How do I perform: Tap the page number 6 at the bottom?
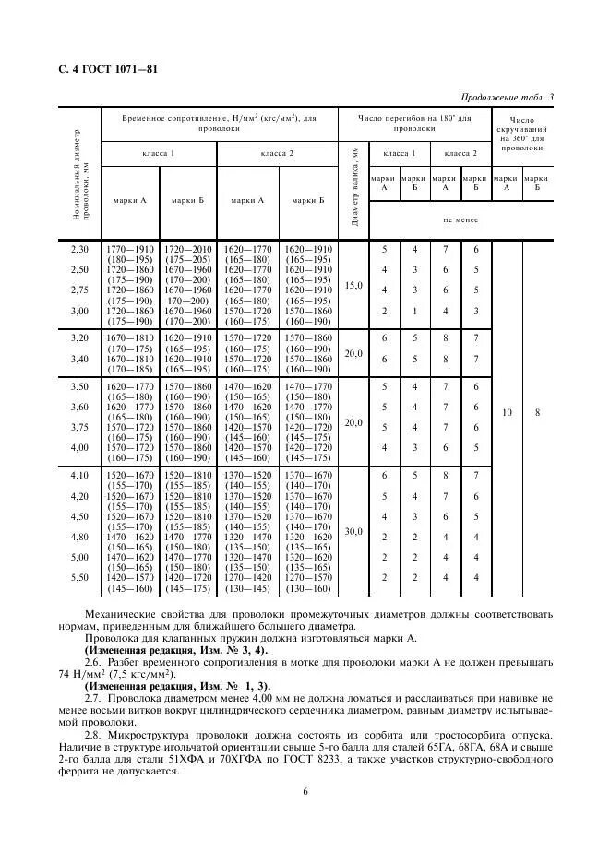(305, 791)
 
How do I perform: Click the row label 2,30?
(80, 249)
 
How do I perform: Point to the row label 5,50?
(80, 578)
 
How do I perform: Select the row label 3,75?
(80, 427)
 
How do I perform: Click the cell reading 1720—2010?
(187, 249)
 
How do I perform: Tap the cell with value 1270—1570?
(308, 578)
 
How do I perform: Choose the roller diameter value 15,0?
(353, 286)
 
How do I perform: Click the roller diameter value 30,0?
(353, 532)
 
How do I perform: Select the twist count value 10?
(507, 413)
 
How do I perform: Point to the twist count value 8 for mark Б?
(537, 413)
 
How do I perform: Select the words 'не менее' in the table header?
(460, 220)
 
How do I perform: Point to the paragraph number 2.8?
(92, 734)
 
